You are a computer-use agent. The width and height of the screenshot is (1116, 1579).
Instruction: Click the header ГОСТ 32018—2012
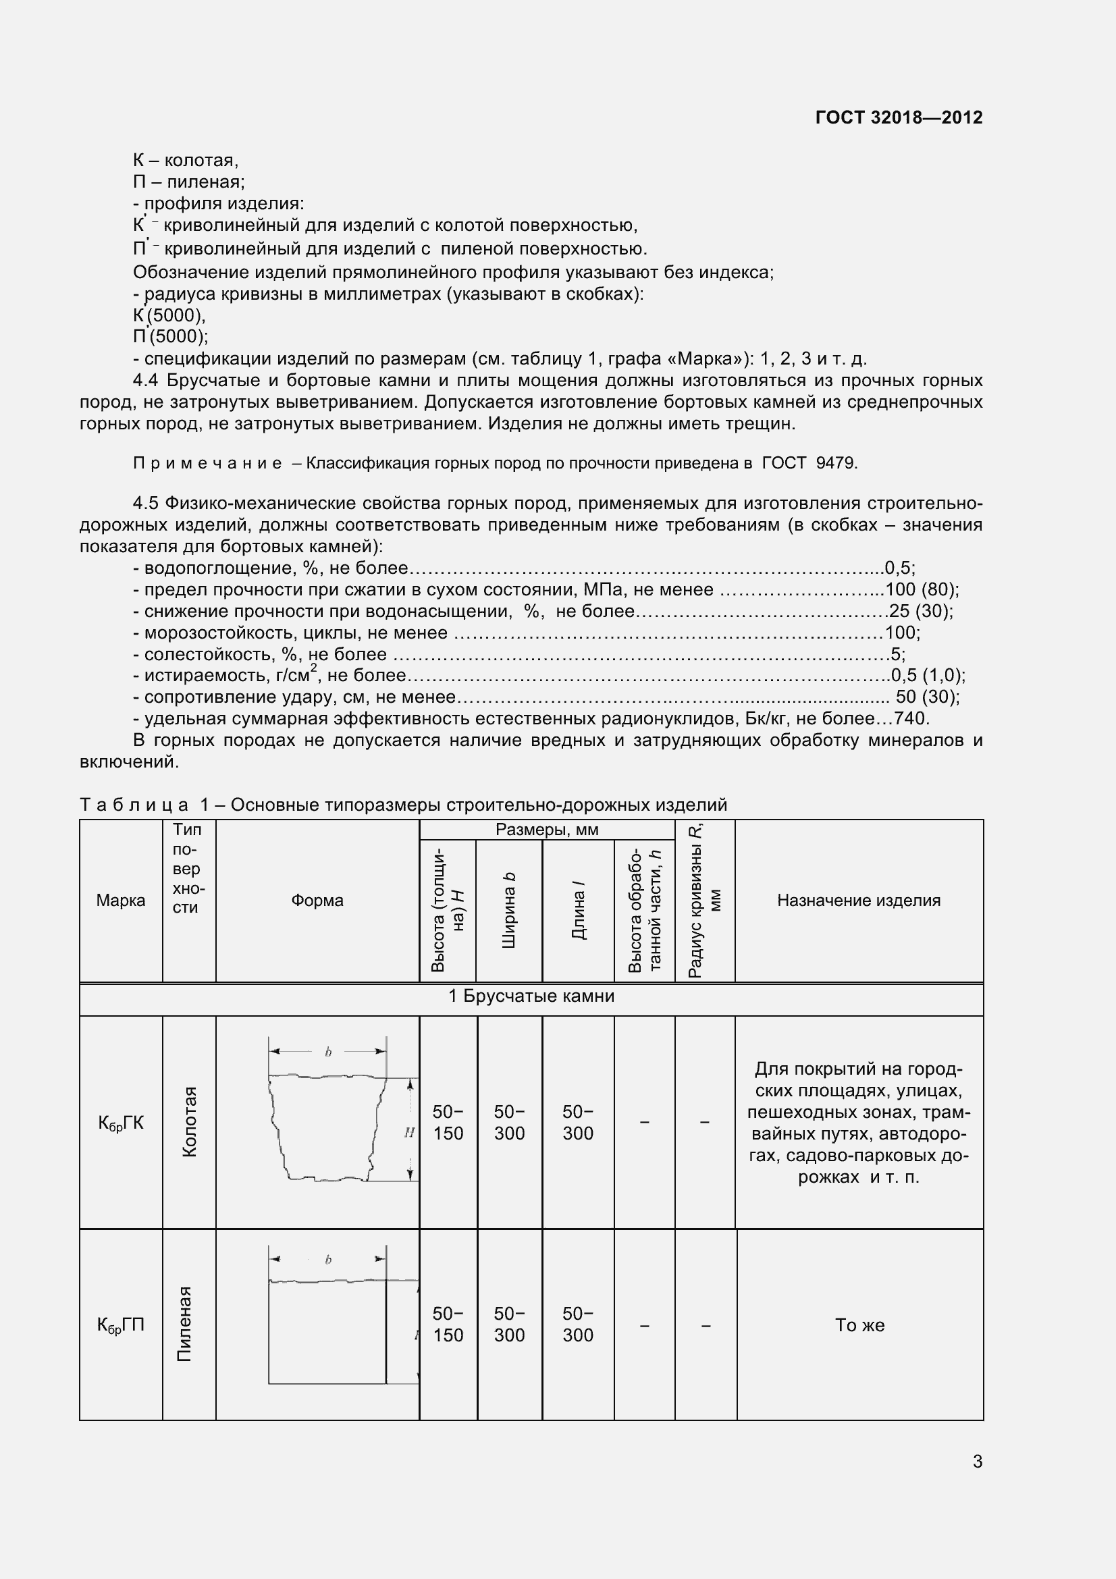pos(898,117)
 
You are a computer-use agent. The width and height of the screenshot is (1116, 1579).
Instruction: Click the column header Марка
pos(120,901)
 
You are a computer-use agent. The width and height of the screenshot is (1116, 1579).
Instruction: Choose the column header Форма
pos(317,901)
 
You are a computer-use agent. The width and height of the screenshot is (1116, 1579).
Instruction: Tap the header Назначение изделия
pos(858,901)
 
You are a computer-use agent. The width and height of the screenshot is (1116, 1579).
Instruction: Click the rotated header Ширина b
pos(509,910)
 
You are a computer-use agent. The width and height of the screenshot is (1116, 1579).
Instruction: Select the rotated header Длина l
pos(578,915)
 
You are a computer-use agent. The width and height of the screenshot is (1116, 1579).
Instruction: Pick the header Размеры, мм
pos(547,830)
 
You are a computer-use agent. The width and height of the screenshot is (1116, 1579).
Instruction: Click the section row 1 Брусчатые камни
pos(531,996)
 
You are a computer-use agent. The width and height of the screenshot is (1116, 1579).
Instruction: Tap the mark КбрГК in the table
pos(120,1123)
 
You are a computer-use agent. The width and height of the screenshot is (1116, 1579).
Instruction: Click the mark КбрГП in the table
pos(120,1324)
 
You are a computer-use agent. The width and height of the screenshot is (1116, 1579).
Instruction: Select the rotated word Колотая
pos(189,1122)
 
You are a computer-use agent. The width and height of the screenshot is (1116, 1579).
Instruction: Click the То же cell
pos(859,1324)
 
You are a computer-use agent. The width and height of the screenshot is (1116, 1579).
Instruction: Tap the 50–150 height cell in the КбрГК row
pos(448,1123)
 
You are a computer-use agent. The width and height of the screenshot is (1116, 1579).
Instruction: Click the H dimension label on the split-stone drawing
pos(409,1132)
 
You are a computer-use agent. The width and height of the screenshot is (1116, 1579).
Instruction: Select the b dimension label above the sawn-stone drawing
pos(328,1260)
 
